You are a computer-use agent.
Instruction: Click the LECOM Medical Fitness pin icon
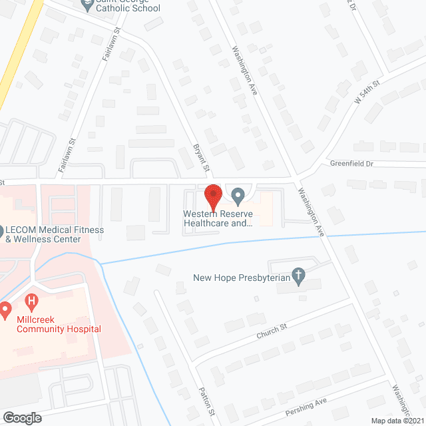coord(1,230)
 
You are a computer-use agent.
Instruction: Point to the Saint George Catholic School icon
coord(87,5)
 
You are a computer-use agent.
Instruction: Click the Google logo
coord(21,417)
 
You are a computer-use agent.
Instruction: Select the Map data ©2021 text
coord(397,420)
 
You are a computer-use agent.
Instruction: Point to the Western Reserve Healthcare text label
coord(219,220)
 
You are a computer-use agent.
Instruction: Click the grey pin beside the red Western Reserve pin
coord(238,196)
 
